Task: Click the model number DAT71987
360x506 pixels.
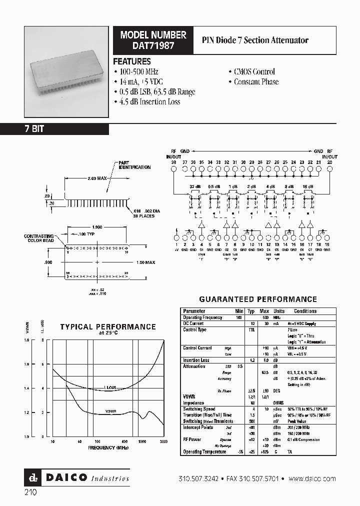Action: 153,45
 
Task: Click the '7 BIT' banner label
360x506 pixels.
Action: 34,129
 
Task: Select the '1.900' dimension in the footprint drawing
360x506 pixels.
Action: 96,226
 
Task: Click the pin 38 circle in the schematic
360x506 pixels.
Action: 173,169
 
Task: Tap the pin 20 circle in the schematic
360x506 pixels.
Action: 329,169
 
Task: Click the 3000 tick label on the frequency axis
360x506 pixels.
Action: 163,442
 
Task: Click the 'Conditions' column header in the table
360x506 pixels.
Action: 305,311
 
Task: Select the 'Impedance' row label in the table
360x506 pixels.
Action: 193,402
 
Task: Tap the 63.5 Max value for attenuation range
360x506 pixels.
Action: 265,372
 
